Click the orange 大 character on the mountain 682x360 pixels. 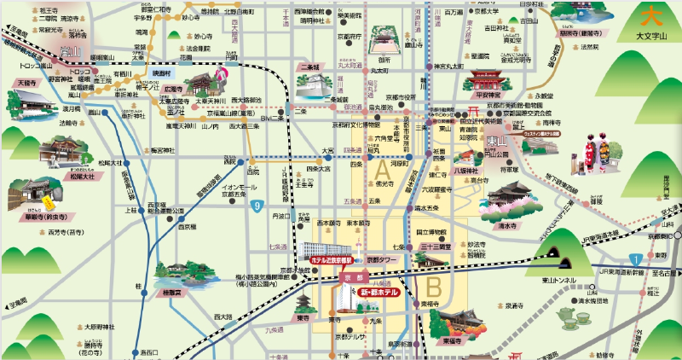pos(650,15)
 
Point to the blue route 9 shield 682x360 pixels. pos(257,206)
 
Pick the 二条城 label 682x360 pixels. pos(309,67)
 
